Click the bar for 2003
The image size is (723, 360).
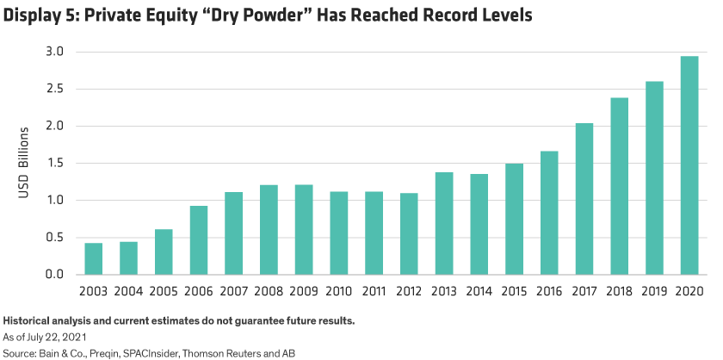point(93,258)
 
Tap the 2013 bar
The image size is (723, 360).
point(443,223)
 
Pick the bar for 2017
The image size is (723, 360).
point(584,199)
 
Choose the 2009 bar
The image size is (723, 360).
point(303,229)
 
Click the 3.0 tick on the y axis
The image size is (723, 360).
point(54,53)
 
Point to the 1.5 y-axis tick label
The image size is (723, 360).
point(54,164)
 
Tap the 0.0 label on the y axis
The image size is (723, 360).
point(54,275)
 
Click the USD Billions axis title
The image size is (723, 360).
point(24,164)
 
